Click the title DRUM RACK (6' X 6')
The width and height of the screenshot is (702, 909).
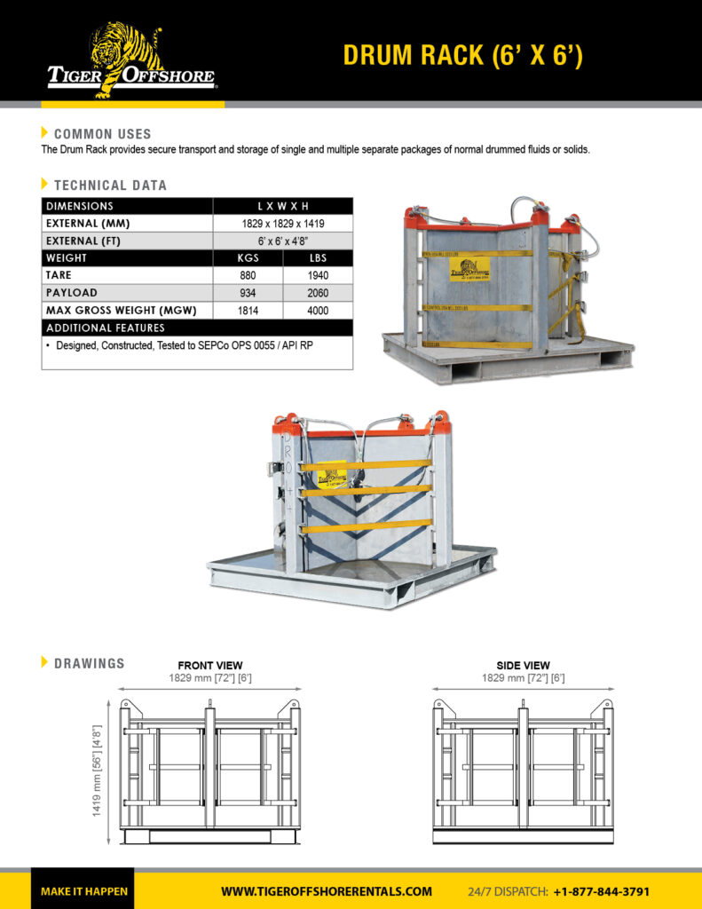click(x=462, y=55)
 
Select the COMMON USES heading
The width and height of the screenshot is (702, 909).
click(x=102, y=134)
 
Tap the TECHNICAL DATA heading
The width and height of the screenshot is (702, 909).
click(x=110, y=186)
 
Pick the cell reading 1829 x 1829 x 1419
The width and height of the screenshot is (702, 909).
click(x=282, y=224)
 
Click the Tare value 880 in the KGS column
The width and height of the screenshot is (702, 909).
click(x=248, y=275)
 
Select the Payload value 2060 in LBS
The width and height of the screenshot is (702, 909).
click(x=318, y=293)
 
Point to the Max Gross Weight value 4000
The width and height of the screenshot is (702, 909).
click(x=318, y=311)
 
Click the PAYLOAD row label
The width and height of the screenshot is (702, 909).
click(x=72, y=293)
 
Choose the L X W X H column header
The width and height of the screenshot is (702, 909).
click(x=282, y=206)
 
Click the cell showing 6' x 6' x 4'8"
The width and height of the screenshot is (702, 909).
click(x=282, y=241)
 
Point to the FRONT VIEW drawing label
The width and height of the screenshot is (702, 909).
click(x=209, y=665)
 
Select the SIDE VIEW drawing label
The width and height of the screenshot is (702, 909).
click(x=523, y=665)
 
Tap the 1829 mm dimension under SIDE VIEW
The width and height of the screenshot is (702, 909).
click(x=523, y=678)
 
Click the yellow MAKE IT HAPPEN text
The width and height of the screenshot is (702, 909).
click(x=84, y=891)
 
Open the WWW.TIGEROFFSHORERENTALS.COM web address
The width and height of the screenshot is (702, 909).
click(x=326, y=891)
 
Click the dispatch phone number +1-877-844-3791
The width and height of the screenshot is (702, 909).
click(x=601, y=891)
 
